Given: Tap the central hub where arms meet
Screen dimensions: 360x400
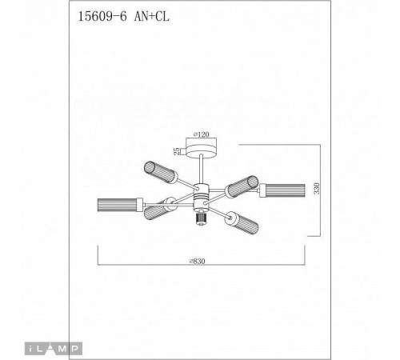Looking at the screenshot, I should pos(200,194).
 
